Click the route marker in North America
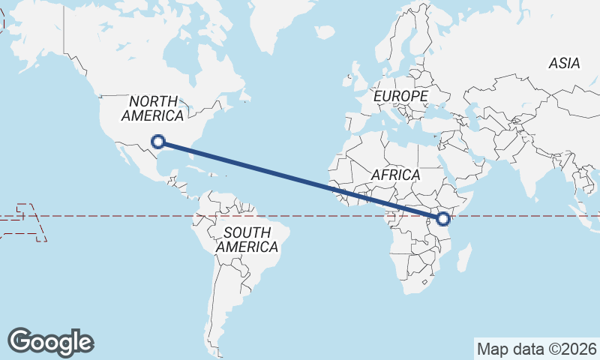[x=158, y=141]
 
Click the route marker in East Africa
[x=442, y=219]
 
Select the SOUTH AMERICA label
[x=247, y=239]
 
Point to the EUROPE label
[x=400, y=97]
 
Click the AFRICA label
[x=396, y=175]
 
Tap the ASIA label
[x=564, y=64]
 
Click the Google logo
[x=50, y=341]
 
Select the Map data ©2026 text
[x=537, y=349]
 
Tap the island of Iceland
[x=324, y=32]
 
